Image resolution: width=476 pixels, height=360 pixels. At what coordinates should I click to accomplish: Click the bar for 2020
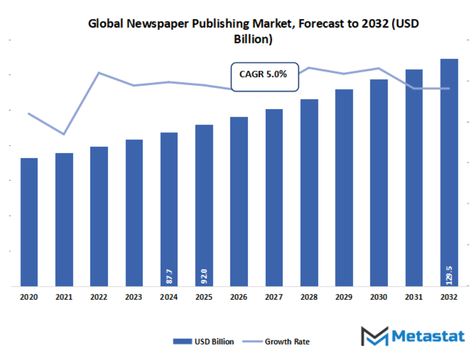[29, 222]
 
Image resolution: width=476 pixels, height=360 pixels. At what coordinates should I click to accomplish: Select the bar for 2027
[274, 197]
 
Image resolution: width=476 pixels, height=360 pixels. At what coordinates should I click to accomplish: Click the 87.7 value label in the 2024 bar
[169, 276]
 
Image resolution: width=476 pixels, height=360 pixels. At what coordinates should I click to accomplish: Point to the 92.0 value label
[204, 276]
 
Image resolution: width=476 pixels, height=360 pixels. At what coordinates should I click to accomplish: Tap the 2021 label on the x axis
[64, 297]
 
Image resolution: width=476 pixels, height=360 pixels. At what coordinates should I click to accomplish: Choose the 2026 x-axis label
[239, 297]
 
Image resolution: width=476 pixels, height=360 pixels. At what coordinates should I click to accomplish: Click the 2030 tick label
[379, 297]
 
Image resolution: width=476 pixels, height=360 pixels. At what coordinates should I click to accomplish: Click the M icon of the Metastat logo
[374, 336]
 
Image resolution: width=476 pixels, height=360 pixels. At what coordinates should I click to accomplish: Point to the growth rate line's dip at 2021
[64, 134]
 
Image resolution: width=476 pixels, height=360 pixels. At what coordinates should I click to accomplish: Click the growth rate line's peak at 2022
[99, 72]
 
